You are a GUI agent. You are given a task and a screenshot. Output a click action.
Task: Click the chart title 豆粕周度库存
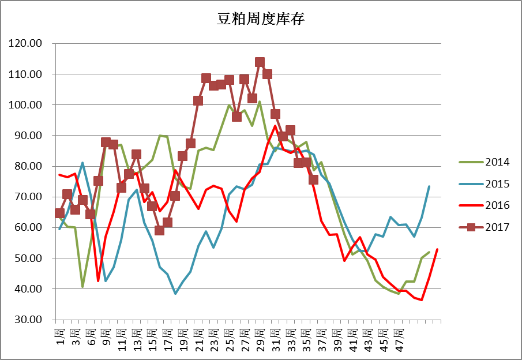click(261, 20)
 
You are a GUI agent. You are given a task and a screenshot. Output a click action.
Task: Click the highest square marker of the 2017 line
click(260, 62)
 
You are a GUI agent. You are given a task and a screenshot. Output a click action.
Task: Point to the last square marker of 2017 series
click(313, 179)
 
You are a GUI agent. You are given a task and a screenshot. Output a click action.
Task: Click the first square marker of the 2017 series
click(59, 213)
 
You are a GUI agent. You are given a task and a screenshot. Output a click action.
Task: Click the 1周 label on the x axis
click(59, 335)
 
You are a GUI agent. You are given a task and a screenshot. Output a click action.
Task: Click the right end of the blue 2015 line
click(429, 186)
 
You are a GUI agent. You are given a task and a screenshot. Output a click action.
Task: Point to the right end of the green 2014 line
click(429, 252)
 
